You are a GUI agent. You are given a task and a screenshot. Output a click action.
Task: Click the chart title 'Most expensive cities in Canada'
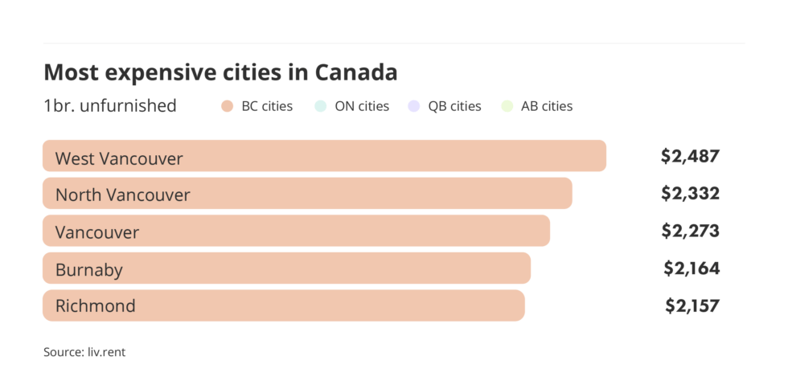220,72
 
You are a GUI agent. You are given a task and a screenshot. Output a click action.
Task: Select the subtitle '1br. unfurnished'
110,106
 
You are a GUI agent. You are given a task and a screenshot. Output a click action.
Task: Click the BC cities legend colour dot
228,106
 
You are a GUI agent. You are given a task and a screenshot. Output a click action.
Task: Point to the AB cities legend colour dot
506,106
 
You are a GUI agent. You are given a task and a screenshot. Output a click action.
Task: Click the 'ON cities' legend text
362,106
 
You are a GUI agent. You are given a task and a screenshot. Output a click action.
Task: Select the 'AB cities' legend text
546,106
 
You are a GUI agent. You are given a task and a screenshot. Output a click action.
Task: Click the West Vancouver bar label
119,158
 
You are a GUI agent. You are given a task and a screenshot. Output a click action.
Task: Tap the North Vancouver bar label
122,195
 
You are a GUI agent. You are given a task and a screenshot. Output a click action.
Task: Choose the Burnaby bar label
89,269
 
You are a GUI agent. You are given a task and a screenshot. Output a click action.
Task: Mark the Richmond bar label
95,305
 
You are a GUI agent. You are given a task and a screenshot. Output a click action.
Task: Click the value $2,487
690,157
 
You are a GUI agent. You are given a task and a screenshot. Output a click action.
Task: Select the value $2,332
690,194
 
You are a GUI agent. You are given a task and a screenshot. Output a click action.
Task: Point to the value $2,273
690,231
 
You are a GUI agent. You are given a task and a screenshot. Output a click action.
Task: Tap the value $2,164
692,268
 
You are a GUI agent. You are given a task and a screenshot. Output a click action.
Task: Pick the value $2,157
692,305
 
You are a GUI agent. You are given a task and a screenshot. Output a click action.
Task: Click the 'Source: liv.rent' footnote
84,352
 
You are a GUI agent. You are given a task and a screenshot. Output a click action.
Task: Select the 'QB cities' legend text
454,106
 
